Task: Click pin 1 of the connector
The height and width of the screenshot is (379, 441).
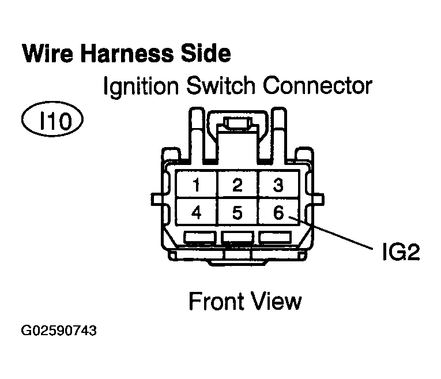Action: [197, 185]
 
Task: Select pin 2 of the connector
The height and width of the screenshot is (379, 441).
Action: [237, 185]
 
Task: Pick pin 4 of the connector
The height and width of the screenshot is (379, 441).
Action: [197, 213]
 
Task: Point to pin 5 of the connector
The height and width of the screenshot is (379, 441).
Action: [237, 213]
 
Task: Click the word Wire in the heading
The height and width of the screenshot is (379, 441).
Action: [47, 54]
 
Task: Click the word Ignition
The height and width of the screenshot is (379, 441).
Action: [140, 87]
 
